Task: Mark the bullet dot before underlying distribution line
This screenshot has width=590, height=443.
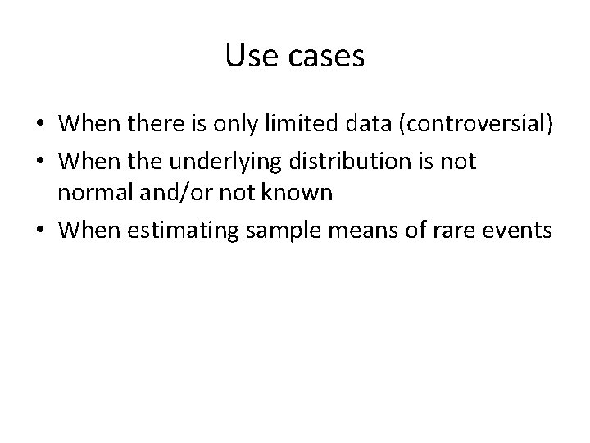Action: (39, 162)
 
